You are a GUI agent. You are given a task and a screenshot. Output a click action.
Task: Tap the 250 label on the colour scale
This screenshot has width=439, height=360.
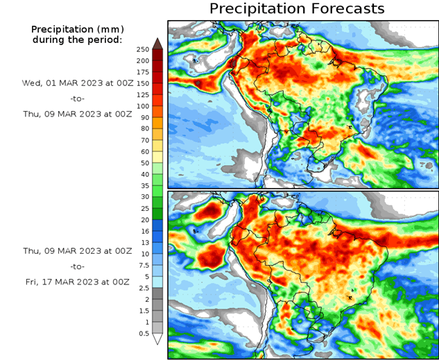click(142, 49)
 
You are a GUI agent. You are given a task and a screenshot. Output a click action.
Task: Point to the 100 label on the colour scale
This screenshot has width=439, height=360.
click(142, 106)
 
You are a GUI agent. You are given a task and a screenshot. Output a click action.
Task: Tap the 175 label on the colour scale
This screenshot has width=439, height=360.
click(142, 72)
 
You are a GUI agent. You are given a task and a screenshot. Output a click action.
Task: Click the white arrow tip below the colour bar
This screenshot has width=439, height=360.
click(157, 339)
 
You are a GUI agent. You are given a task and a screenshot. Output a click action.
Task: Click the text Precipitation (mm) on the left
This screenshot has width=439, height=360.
click(76, 29)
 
